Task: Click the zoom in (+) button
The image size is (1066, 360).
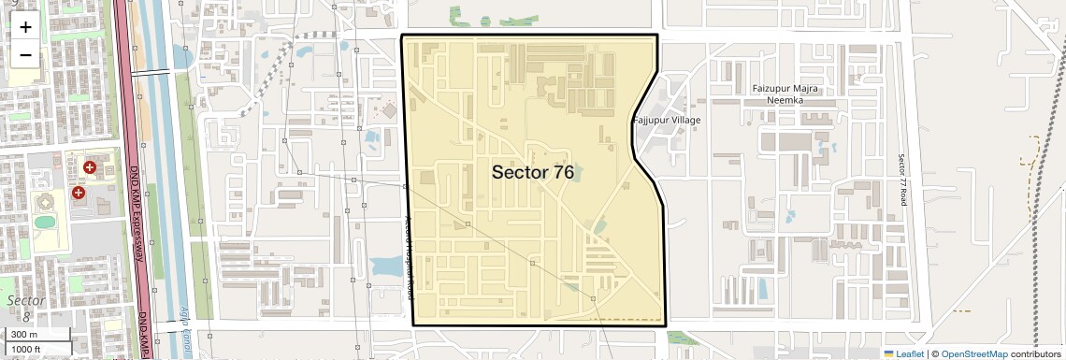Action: pos(25,27)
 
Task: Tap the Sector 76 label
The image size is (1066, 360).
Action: pos(532,172)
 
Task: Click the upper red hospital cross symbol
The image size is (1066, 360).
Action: pos(90,167)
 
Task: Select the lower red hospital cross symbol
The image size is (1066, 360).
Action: pos(78,192)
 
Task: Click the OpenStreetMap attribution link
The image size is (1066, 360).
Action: pos(973,354)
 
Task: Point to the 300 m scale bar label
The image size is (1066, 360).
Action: pos(24,335)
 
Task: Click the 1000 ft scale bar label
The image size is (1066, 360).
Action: pos(25,349)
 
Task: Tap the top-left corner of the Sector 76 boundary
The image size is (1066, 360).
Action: pos(402,36)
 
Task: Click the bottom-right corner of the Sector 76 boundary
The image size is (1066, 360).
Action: pos(665,324)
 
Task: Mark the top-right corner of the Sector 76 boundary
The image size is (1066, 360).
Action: pos(657,36)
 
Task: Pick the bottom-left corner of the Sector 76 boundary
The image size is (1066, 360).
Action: pos(412,324)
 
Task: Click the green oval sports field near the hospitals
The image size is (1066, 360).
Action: pos(44,222)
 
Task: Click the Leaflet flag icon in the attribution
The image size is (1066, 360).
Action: pos(889,354)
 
